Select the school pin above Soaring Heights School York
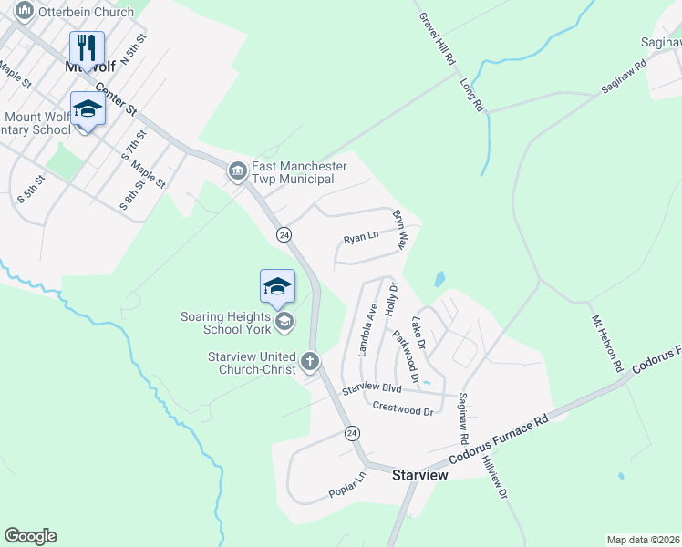pos(277,287)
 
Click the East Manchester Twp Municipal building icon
pos(237,170)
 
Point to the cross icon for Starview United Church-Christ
pos(310,362)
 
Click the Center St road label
pos(118,100)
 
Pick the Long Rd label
pos(471,94)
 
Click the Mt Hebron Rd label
pos(607,344)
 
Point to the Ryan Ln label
pos(360,239)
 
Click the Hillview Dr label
pos(496,479)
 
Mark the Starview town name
pos(419,476)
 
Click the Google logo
pos(30,536)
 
